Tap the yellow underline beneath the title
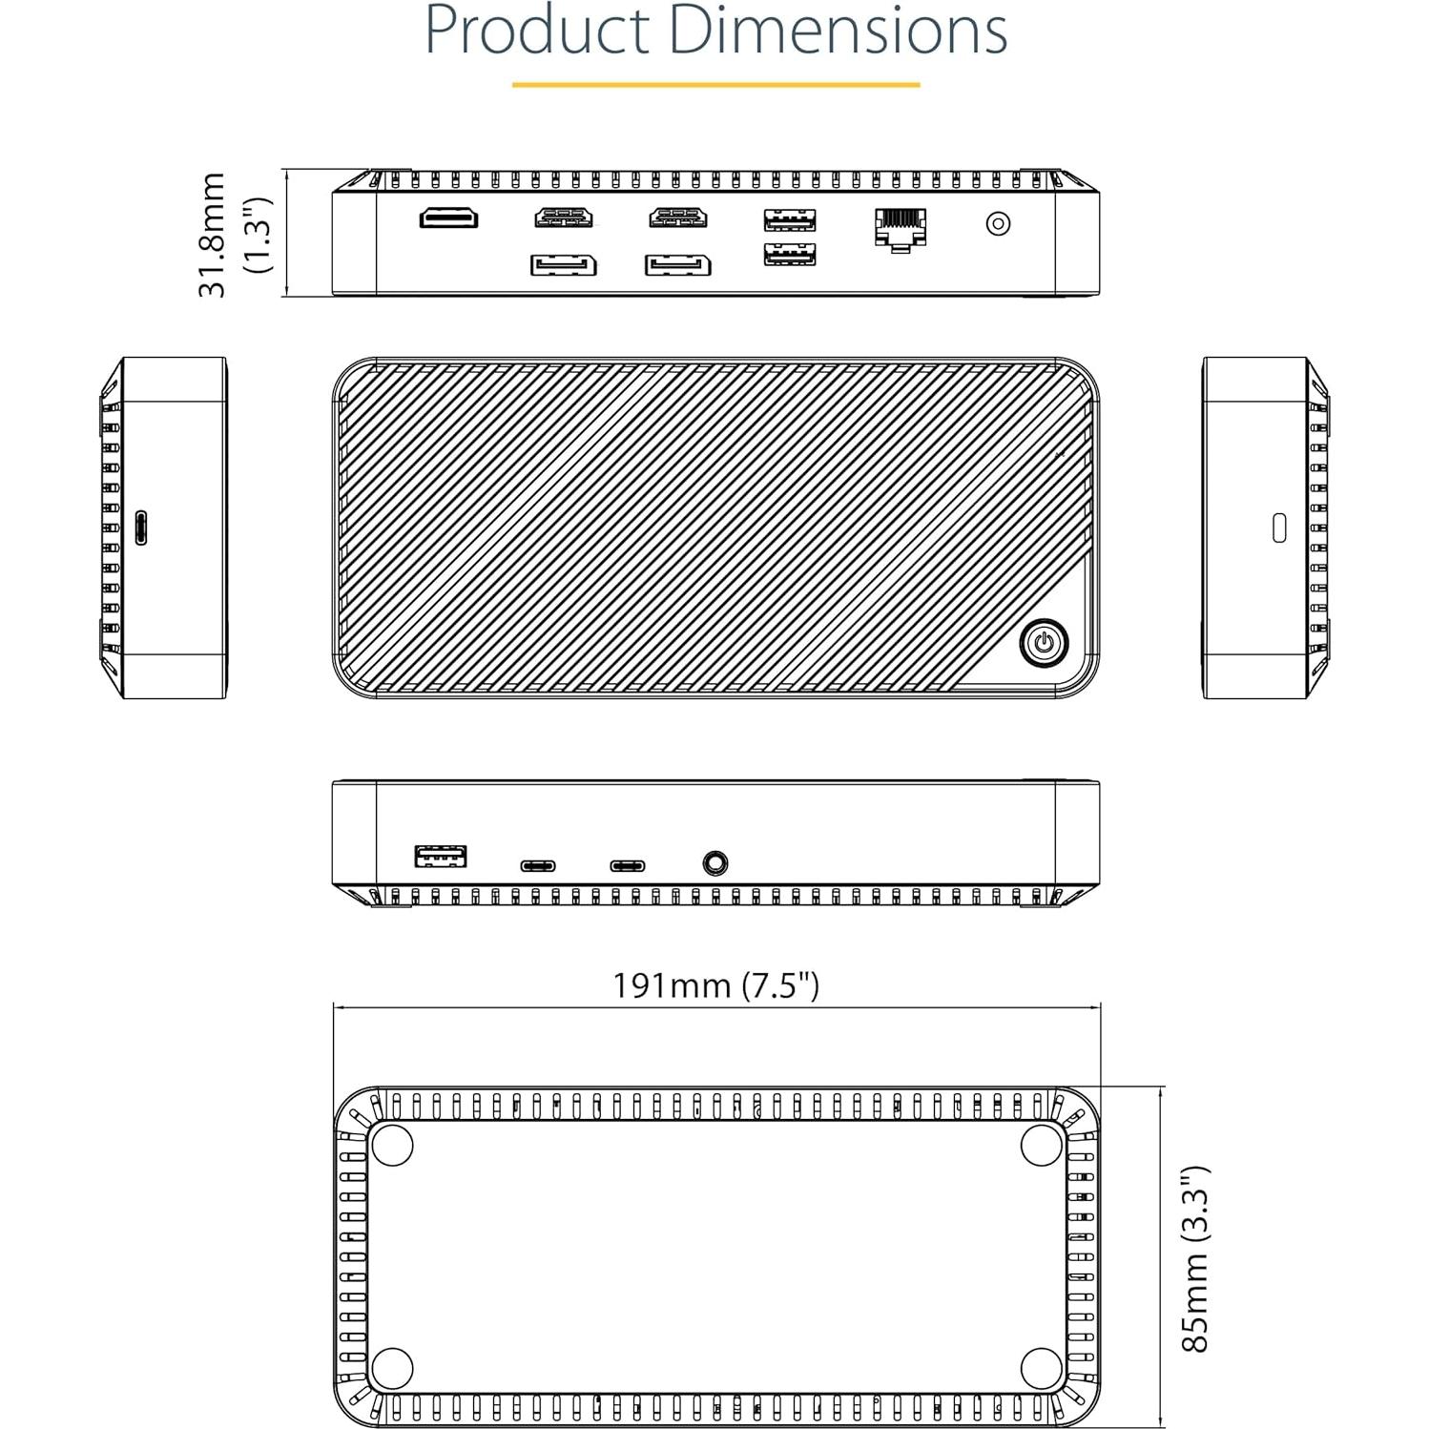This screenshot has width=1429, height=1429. point(715,85)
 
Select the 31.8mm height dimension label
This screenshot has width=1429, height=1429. point(212,235)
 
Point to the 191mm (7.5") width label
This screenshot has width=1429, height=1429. point(715,984)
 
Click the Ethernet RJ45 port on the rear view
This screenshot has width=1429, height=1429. point(900,227)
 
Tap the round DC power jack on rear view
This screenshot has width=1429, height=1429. point(998,223)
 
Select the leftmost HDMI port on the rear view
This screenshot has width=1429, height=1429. point(448,217)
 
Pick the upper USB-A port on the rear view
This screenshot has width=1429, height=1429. point(789,220)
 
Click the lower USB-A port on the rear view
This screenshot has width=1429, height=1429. point(789,255)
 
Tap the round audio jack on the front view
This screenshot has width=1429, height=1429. point(714,863)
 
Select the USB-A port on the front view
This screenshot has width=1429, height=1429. point(441,856)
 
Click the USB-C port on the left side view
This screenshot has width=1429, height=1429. point(141,528)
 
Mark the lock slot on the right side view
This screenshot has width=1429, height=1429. point(1279,528)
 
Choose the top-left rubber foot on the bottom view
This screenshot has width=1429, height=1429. point(391,1144)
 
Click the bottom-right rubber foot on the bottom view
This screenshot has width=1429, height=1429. point(1041,1369)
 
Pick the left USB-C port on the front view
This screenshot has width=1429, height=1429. point(538,866)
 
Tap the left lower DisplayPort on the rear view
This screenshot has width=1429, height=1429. point(563,264)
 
